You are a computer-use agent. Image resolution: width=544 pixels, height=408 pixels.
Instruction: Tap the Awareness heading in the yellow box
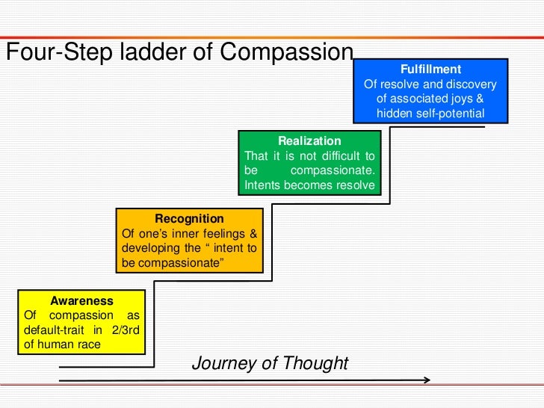[81, 300]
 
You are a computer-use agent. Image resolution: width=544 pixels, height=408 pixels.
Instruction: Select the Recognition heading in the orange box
[189, 218]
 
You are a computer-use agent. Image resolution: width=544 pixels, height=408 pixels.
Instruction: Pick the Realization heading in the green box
[309, 140]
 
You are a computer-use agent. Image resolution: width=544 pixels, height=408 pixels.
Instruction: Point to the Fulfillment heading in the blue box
[431, 69]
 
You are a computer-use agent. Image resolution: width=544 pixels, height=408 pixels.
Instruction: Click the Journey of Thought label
[270, 363]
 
